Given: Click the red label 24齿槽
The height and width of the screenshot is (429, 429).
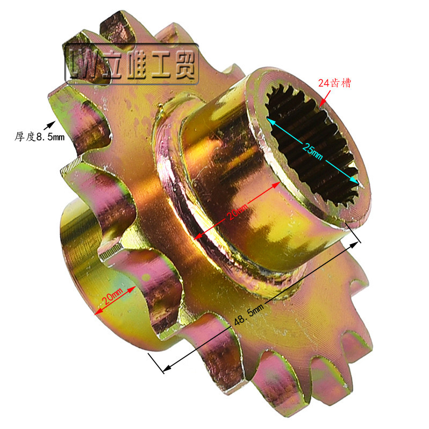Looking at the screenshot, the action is (x=334, y=83).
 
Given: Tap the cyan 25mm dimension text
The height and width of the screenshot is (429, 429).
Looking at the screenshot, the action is (x=313, y=152).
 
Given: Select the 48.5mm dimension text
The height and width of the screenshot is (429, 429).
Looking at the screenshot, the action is (x=249, y=314).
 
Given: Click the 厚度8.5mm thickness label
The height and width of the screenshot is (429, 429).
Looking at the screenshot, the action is (x=40, y=137).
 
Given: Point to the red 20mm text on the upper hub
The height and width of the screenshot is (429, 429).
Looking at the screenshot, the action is (x=237, y=211).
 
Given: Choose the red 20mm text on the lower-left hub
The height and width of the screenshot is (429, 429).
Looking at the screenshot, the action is (x=112, y=296).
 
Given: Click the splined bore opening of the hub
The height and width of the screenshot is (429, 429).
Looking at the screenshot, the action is (x=313, y=144).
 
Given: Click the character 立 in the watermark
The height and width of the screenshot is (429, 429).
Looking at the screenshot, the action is (x=113, y=65).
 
